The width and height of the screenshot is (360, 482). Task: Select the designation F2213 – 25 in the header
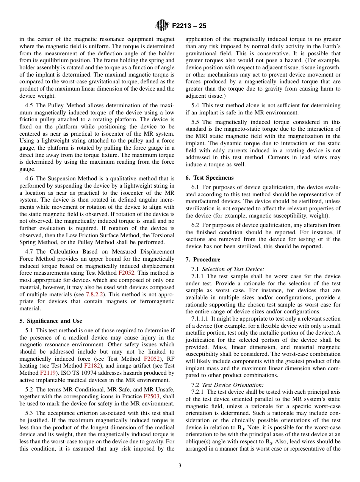(x=189, y=26)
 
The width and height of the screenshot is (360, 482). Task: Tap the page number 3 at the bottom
(x=180, y=466)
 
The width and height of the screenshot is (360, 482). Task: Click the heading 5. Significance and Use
(x=51, y=321)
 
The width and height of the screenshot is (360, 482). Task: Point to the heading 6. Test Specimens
(x=210, y=178)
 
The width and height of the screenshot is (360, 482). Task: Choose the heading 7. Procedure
(x=203, y=260)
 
